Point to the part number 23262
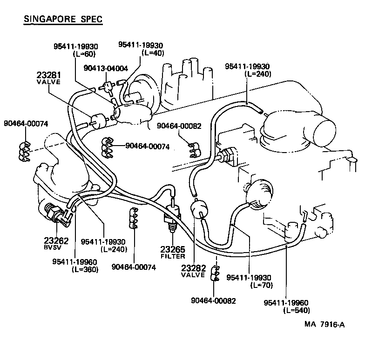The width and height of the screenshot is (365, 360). tap(56, 240)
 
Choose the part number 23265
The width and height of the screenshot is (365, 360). tap(173, 249)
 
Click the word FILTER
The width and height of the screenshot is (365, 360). tap(173, 256)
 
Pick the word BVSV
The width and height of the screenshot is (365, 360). tap(53, 247)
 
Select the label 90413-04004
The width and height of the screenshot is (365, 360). tap(106, 68)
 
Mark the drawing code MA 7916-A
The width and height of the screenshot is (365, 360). tap(325, 325)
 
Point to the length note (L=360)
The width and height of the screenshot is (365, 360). tap(85, 270)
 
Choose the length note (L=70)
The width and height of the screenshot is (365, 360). tap(261, 285)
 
